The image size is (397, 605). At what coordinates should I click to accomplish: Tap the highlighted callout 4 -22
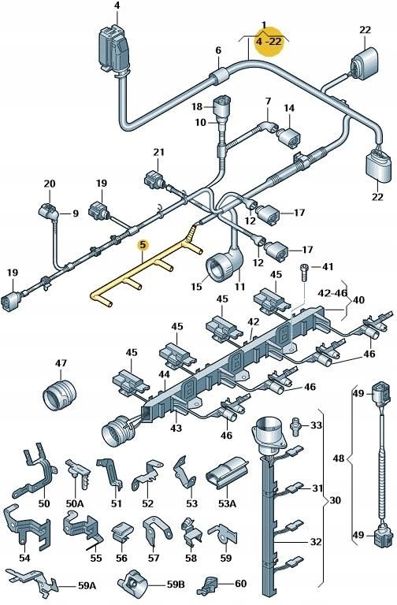click(x=269, y=42)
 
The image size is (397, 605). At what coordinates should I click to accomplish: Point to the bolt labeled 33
click(x=296, y=425)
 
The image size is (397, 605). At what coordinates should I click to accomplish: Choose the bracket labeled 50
click(x=36, y=473)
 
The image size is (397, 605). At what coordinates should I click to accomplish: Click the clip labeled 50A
click(x=78, y=470)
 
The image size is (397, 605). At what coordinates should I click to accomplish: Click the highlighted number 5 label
click(x=142, y=245)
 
